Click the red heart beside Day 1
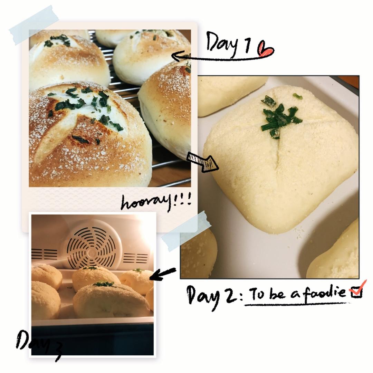(265, 49)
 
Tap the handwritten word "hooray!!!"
(156, 202)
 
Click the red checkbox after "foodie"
(357, 291)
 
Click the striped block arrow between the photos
(202, 162)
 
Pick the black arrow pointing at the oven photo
(163, 274)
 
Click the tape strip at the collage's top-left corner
(34, 25)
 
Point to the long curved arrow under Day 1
(221, 57)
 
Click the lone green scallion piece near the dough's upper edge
(297, 96)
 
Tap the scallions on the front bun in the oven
(104, 284)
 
